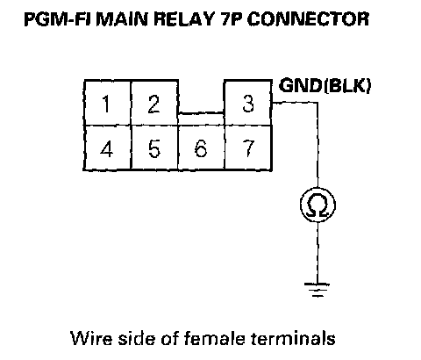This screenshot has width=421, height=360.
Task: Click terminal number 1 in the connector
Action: click(x=107, y=103)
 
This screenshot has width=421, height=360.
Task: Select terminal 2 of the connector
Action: click(x=154, y=103)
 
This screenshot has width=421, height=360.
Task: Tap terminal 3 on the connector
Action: click(x=248, y=103)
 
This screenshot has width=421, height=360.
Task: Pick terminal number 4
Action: click(x=107, y=148)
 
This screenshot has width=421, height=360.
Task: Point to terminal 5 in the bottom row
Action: click(x=154, y=148)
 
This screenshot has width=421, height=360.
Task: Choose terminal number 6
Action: click(x=201, y=148)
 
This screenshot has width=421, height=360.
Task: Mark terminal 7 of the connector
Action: click(x=248, y=148)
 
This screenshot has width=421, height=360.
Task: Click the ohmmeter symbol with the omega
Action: click(x=318, y=205)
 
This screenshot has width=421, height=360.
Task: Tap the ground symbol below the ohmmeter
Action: click(x=318, y=290)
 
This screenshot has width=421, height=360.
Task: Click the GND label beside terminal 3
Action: click(x=301, y=85)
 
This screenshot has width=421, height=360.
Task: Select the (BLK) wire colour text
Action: click(x=347, y=86)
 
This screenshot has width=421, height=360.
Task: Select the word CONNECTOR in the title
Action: click(x=308, y=19)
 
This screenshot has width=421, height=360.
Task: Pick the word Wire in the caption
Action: click(x=91, y=338)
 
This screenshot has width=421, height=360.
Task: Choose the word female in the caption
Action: click(x=215, y=338)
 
